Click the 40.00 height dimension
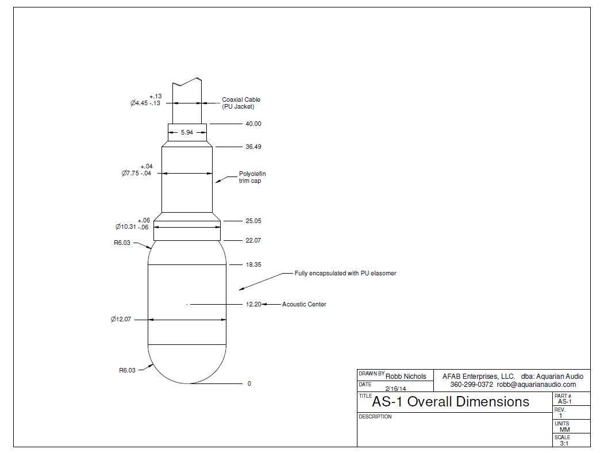(253, 124)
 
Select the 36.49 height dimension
(253, 147)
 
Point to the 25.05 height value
(253, 221)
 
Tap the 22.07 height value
(253, 240)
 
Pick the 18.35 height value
(253, 264)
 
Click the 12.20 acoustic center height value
(253, 304)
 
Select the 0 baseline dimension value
(249, 383)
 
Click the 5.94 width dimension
(187, 132)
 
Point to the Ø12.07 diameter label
(121, 319)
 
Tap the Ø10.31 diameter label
(133, 226)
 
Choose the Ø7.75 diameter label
(136, 172)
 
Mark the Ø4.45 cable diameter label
(145, 103)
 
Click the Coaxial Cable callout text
(241, 103)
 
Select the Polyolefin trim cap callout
(252, 177)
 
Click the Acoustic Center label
(304, 304)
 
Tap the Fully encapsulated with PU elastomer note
(345, 273)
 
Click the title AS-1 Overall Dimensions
(451, 401)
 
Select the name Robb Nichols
(406, 377)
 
